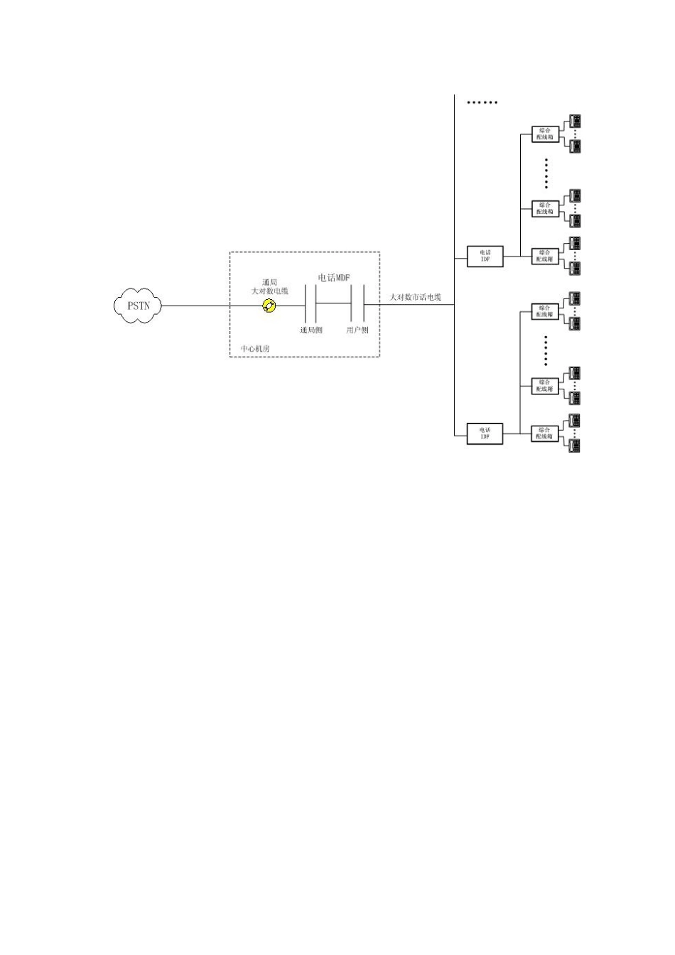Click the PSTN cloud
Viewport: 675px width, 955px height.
pos(139,306)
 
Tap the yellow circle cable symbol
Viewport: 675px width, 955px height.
pos(269,306)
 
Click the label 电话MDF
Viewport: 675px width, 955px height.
pos(334,278)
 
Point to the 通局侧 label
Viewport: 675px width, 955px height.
pos(310,330)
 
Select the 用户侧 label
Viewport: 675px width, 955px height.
pos(357,330)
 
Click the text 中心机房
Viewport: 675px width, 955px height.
pos(255,348)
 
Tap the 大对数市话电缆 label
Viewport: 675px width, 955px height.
pos(415,297)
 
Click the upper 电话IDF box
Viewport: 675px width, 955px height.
pos(485,256)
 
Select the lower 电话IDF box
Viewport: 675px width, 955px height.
pos(485,433)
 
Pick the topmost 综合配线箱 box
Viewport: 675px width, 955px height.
pos(545,134)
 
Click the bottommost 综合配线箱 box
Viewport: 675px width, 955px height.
pos(545,433)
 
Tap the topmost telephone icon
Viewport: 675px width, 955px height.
pos(575,121)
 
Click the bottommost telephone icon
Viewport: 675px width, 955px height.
pos(575,446)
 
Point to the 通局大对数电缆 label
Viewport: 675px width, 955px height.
pos(269,287)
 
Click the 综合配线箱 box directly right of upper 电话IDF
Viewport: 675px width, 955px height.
pos(545,256)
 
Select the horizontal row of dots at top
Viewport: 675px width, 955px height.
pos(482,102)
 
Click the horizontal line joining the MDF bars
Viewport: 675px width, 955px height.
pos(334,303)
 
